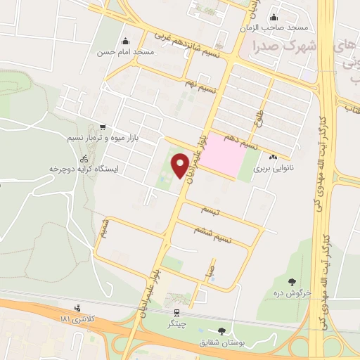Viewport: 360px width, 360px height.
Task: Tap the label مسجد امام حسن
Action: click(147, 53)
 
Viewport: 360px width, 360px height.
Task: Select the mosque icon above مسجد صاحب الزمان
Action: click(274, 18)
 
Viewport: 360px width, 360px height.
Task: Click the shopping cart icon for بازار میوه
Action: click(103, 127)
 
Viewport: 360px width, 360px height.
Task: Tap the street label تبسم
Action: click(209, 211)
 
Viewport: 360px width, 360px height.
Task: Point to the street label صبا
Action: click(209, 269)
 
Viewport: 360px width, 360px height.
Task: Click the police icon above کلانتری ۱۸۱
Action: click(77, 308)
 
